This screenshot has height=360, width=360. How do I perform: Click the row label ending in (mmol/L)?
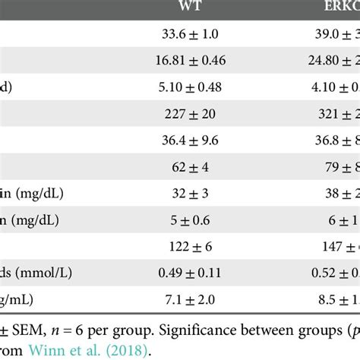[x=46, y=270]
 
